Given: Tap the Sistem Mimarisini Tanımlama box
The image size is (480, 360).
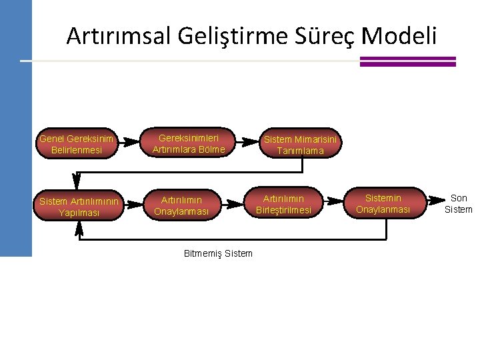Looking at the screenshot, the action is click(x=301, y=145).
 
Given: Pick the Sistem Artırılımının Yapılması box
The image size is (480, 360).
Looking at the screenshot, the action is click(x=79, y=207).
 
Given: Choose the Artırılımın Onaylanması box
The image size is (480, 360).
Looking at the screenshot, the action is click(x=181, y=206).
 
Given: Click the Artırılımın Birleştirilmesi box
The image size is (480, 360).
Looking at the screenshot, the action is click(x=283, y=205).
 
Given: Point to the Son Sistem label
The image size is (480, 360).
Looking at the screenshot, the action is click(x=459, y=203).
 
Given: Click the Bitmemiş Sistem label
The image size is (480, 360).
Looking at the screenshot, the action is click(x=218, y=253).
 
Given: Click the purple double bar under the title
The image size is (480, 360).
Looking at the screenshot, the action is click(x=407, y=61).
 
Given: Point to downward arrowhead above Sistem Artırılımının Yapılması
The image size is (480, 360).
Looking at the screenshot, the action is click(x=76, y=179).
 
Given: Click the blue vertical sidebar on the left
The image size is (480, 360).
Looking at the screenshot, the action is click(x=16, y=133).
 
